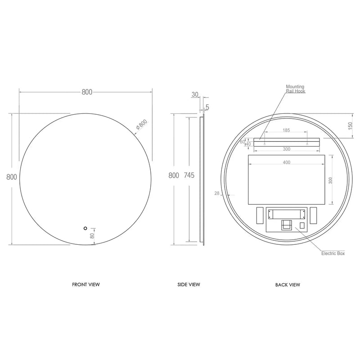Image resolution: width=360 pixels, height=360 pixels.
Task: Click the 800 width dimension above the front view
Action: [87, 92]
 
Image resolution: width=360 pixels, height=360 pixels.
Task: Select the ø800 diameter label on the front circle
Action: [141, 125]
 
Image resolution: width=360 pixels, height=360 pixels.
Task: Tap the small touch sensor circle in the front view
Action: [85, 228]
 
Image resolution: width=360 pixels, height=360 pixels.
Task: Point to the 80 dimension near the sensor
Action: [92, 235]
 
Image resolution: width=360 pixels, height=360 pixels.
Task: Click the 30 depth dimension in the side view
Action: [194, 94]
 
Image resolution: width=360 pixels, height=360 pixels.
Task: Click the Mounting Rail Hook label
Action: [295, 89]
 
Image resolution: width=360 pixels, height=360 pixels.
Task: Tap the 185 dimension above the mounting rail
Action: [286, 130]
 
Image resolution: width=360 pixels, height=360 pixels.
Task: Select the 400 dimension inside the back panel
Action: [287, 162]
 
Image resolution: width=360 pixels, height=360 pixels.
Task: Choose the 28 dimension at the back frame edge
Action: [217, 193]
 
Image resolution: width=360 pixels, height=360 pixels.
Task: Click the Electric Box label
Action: [333, 254]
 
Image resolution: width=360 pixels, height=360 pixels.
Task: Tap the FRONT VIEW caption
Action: [86, 284]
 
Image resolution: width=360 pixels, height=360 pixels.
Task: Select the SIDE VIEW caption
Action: [189, 284]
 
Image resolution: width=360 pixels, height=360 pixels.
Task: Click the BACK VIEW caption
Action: [288, 284]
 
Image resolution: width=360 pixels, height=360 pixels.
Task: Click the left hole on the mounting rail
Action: [265, 144]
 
